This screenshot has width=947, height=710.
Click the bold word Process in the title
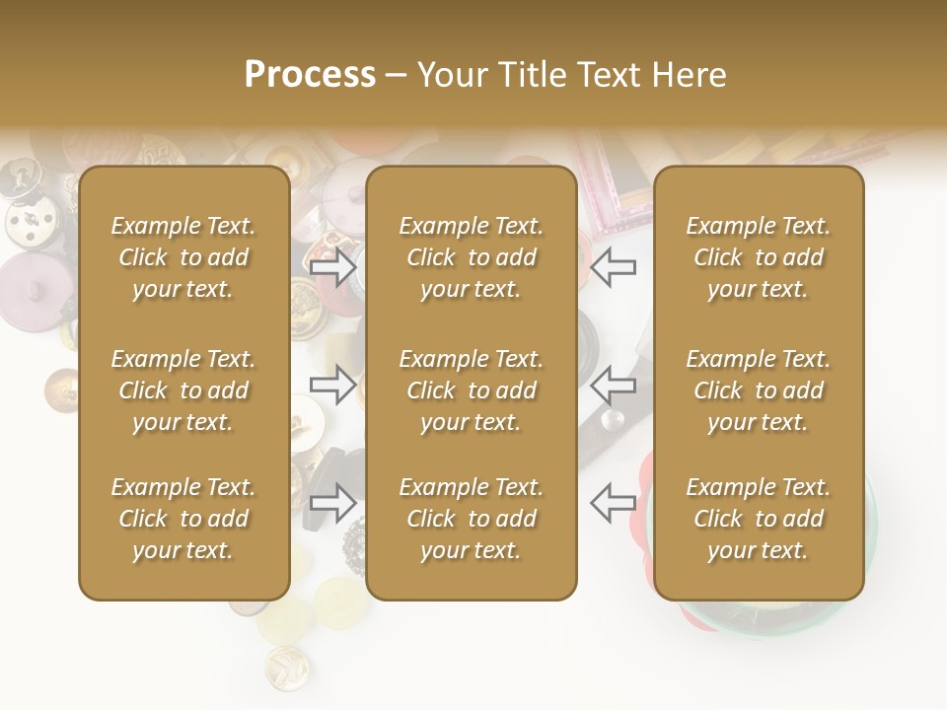pyautogui.click(x=310, y=75)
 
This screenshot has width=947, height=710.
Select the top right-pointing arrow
pyautogui.click(x=333, y=267)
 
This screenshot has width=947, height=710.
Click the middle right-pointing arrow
pyautogui.click(x=333, y=385)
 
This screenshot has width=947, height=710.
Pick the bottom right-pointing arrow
pyautogui.click(x=333, y=502)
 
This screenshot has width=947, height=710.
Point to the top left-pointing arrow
pyautogui.click(x=614, y=267)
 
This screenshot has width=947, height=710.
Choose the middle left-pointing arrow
pyautogui.click(x=614, y=385)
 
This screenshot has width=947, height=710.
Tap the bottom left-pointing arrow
pyautogui.click(x=614, y=502)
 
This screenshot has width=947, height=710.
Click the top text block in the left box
pyautogui.click(x=183, y=257)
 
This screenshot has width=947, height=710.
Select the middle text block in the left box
pyautogui.click(x=183, y=390)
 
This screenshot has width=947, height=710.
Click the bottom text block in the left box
pyautogui.click(x=183, y=519)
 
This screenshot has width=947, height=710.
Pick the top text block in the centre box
pyautogui.click(x=471, y=257)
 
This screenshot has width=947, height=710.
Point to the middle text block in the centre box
pyautogui.click(x=471, y=390)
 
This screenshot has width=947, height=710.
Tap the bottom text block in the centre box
pyautogui.click(x=471, y=519)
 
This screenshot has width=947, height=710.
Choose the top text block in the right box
pyautogui.click(x=758, y=257)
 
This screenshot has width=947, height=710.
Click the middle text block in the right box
pyautogui.click(x=758, y=390)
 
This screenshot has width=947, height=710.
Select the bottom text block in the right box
pyautogui.click(x=758, y=519)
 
